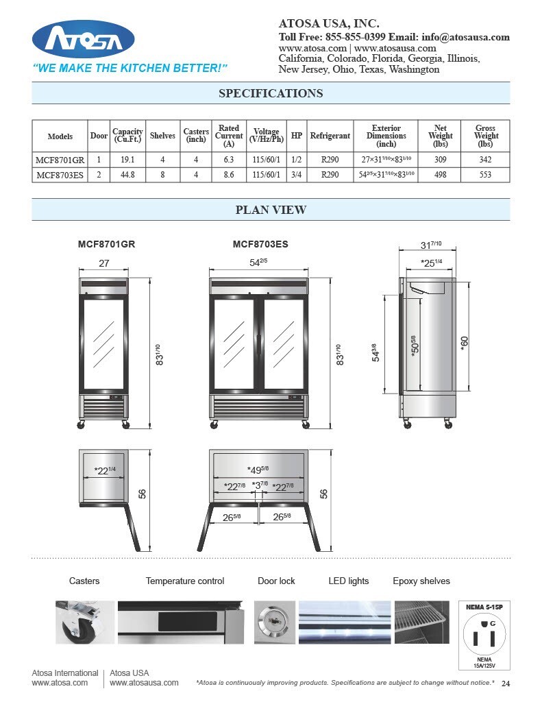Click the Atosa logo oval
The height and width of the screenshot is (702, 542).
tap(84, 39)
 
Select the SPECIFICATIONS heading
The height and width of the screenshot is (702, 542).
tap(271, 93)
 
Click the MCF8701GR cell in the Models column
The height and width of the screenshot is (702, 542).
tap(60, 160)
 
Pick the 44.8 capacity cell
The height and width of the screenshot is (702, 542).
tap(127, 175)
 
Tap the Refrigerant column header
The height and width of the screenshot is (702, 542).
tap(330, 136)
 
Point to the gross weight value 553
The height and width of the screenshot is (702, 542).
tap(485, 175)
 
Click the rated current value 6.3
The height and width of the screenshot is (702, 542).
tap(228, 160)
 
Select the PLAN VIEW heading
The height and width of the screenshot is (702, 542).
tap(271, 210)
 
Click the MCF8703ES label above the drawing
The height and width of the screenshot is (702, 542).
tap(260, 244)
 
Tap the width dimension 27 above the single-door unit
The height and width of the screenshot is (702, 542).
tap(104, 263)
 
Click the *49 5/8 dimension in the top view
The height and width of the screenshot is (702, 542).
tap(258, 470)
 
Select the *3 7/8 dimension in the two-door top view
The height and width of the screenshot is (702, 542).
tap(260, 485)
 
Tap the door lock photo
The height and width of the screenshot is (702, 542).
tap(274, 622)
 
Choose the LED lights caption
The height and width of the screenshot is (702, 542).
tap(348, 581)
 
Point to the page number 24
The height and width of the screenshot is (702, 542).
tap(506, 683)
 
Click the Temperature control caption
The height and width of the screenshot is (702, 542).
tap(184, 581)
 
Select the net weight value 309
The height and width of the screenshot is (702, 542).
tap(440, 160)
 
